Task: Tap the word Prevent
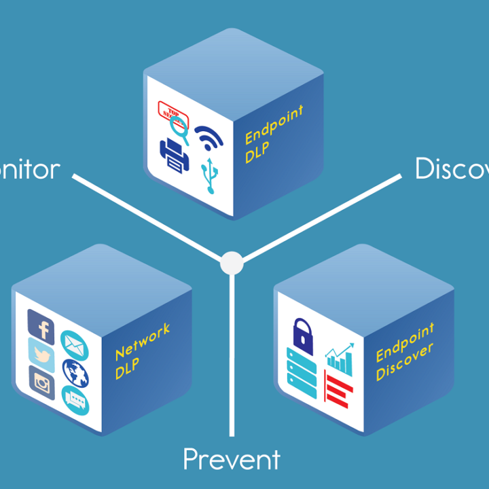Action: (231, 460)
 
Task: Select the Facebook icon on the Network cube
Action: (41, 327)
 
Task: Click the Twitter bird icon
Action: (41, 353)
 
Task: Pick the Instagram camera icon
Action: (42, 382)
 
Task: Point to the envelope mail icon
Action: (75, 345)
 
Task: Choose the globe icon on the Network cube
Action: (75, 372)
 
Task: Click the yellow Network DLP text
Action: (142, 350)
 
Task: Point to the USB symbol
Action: (211, 176)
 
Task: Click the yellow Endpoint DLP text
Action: (273, 133)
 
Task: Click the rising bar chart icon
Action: (340, 359)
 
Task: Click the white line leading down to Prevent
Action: (232, 353)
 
